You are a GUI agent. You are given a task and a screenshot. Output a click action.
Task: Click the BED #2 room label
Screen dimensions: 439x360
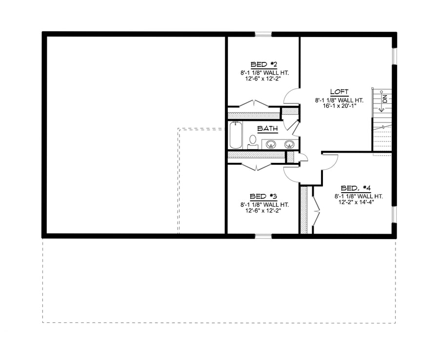(264, 64)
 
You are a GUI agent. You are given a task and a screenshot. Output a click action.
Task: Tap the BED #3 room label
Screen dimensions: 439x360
(263, 197)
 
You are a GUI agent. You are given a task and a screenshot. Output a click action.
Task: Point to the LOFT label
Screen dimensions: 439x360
(339, 92)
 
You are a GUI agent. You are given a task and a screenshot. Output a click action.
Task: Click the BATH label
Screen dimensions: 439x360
(268, 129)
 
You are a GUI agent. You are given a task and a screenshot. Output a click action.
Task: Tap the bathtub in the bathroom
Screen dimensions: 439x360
(236, 135)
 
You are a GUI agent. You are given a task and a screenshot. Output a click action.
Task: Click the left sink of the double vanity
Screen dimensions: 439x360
(271, 144)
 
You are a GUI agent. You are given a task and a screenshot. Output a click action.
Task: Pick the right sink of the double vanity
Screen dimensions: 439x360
(289, 144)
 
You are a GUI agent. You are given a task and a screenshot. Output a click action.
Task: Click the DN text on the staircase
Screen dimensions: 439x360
(385, 99)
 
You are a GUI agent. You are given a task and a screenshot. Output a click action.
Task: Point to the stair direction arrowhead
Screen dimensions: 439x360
(381, 110)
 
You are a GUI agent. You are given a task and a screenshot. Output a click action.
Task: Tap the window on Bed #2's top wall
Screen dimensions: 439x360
(263, 35)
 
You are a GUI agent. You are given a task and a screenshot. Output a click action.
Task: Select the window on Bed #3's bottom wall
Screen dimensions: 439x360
(263, 236)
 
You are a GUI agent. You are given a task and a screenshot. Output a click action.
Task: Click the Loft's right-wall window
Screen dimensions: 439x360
(394, 56)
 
